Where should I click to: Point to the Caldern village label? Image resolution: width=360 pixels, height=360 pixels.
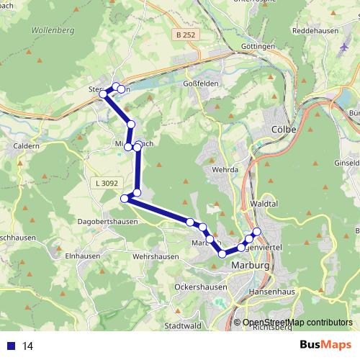point(27,145)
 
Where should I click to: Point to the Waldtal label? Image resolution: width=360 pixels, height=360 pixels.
point(271,204)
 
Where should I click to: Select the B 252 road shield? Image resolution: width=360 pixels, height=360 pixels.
point(184,34)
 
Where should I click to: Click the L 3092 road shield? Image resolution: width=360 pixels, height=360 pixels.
point(105,184)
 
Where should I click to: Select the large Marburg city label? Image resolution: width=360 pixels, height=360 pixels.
point(251,266)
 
